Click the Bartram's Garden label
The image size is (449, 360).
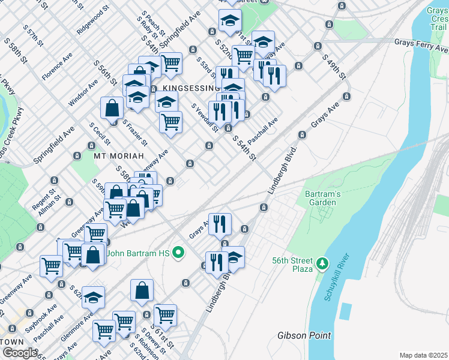322,198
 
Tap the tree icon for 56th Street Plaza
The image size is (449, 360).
323,263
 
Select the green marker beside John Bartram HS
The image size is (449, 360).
177,253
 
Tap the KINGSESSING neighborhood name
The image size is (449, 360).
182,88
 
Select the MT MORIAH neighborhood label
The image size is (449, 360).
118,155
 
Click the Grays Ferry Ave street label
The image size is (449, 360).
421,42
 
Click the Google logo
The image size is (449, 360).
20,353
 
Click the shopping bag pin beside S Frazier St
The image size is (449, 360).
112,109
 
